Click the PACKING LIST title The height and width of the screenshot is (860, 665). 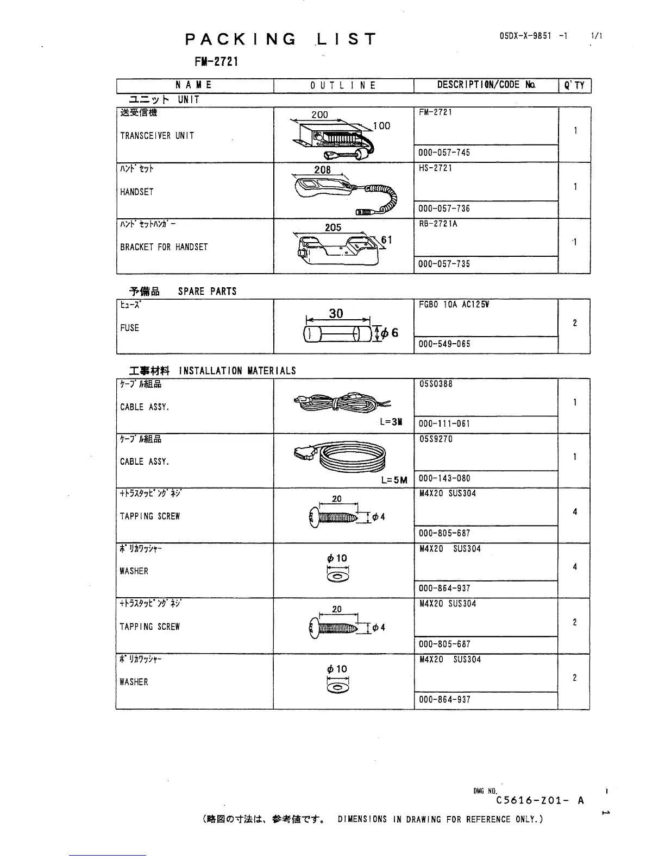(280, 39)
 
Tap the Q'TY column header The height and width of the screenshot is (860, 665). (574, 85)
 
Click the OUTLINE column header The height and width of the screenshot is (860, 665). (343, 85)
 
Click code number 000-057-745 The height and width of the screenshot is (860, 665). (444, 153)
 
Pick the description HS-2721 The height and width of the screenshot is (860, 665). (436, 168)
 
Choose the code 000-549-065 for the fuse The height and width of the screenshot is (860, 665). (444, 344)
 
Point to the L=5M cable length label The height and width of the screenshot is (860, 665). (394, 479)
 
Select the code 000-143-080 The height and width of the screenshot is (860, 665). (444, 478)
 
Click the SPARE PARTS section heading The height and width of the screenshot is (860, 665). (207, 292)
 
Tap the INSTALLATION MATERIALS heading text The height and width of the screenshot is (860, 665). (237, 371)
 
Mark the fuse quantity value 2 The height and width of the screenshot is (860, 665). (575, 323)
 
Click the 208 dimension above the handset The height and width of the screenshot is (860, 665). (322, 170)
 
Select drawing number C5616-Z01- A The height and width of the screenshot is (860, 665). (539, 800)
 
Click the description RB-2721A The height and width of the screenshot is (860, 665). (438, 224)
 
